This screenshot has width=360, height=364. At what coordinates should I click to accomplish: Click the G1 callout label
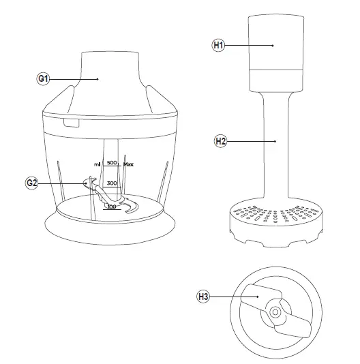coord(43,79)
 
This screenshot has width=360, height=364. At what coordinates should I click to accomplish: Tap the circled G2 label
coord(32,183)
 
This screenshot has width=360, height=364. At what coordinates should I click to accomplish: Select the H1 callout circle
coord(217,45)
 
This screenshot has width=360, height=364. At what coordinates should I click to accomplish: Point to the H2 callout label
coord(220,141)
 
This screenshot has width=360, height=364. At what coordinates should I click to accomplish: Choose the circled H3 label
coord(202,296)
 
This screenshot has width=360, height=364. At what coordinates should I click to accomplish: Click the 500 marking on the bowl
coord(112,163)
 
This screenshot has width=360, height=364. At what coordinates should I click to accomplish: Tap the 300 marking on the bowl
coord(112,183)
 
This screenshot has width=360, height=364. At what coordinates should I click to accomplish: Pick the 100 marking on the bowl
coord(111,206)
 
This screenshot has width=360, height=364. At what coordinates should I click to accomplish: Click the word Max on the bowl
coord(129,164)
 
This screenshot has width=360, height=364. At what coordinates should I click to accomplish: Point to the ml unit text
coord(97,164)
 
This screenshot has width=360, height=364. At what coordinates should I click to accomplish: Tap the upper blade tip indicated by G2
coord(87,182)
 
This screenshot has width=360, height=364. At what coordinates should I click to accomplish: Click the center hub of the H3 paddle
coord(274,312)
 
